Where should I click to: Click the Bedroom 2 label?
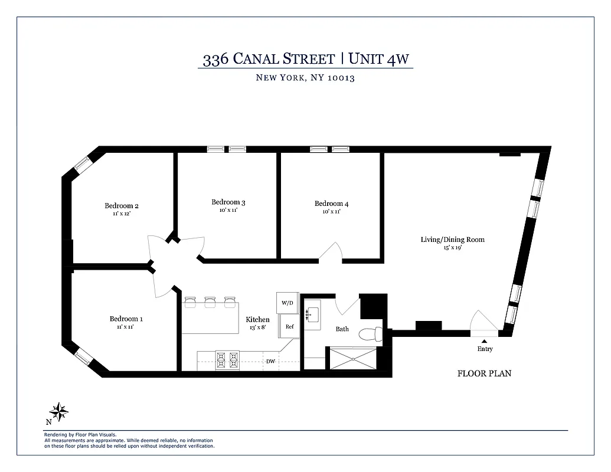coord(122,206)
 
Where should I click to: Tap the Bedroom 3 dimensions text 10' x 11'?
coord(228,210)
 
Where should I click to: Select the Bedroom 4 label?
coord(331,204)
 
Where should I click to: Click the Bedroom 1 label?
coord(126,319)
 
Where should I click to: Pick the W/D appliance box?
coord(287,303)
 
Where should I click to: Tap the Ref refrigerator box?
coord(289,326)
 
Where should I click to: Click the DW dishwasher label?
coord(270,361)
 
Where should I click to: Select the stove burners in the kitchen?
coord(227,360)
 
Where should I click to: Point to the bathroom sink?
coord(313,313)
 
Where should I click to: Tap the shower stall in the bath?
coord(352,358)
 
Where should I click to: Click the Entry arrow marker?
coord(484,340)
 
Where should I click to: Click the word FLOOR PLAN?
coord(484,373)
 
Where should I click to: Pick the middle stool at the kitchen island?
coord(210,302)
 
